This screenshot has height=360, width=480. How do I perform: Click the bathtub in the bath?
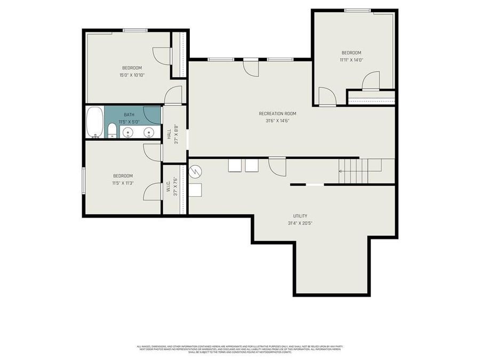coord(94,123)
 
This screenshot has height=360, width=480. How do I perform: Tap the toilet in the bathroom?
coord(112,131)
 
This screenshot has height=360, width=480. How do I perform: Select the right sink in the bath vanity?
coord(149,132)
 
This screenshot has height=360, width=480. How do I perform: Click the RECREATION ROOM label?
coord(277,114)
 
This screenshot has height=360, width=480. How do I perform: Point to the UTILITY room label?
coord(300,216)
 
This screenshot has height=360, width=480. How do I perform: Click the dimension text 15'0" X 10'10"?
coord(132,75)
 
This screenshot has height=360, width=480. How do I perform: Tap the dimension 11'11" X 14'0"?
coord(351,60)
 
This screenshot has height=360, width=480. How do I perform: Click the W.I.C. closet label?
coord(169,186)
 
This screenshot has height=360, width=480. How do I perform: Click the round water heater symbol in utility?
coord(196,171)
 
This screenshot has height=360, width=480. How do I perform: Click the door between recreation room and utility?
coord(277,166)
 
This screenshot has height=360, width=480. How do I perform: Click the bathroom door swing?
coord(153,115)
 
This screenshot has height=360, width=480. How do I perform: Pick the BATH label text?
coord(129,115)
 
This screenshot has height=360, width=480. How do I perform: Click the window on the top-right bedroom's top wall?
coord(357,10)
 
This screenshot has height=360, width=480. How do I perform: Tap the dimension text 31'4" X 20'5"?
coord(300,223)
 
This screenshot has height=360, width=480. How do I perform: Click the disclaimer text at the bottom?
coord(239,349)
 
